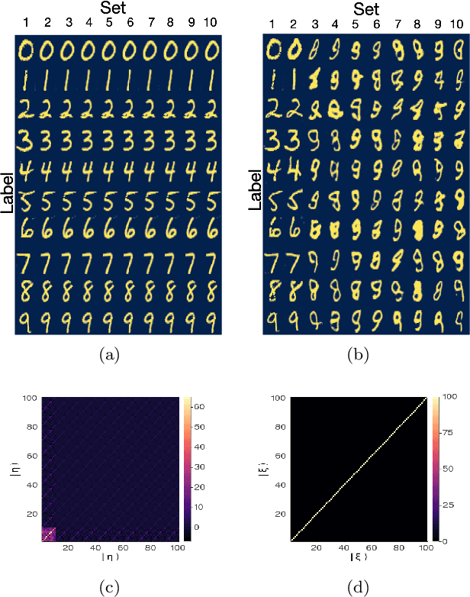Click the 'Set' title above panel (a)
(119, 9)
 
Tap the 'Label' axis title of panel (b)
(256, 188)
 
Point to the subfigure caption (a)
(119, 353)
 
